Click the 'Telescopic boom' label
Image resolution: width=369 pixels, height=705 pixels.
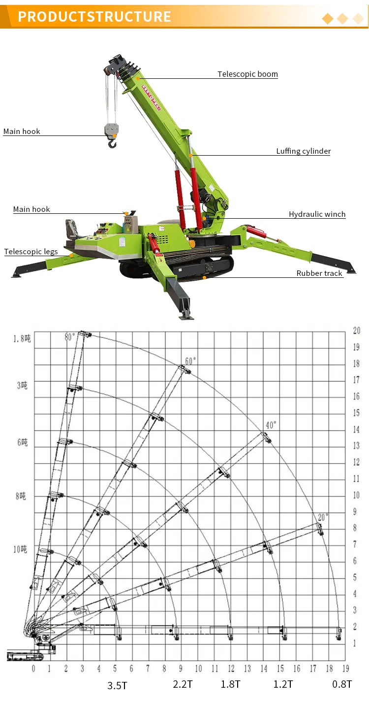(247, 74)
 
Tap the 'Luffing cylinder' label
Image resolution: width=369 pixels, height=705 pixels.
(303, 151)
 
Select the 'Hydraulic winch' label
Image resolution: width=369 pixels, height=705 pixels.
(317, 214)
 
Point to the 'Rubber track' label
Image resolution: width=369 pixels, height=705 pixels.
(319, 273)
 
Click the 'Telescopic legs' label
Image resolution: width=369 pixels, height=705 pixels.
(31, 251)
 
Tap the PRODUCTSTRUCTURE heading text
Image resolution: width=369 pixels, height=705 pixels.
(94, 16)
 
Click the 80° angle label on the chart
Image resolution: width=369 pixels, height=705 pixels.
(70, 337)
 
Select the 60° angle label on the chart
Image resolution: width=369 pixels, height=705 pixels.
(190, 361)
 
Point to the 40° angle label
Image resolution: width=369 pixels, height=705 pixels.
(271, 425)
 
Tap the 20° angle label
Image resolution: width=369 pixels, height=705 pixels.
(323, 517)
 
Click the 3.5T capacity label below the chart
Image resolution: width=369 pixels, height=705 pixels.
(117, 685)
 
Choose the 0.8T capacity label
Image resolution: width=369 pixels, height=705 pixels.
(342, 684)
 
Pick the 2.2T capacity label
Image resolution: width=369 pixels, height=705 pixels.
(183, 684)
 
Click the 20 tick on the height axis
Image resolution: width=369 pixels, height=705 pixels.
(356, 331)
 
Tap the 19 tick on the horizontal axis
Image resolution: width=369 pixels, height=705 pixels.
(345, 669)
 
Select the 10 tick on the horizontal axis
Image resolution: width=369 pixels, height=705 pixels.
(198, 669)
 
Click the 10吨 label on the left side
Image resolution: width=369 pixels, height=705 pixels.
(20, 549)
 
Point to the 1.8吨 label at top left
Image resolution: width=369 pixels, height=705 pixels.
(22, 338)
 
